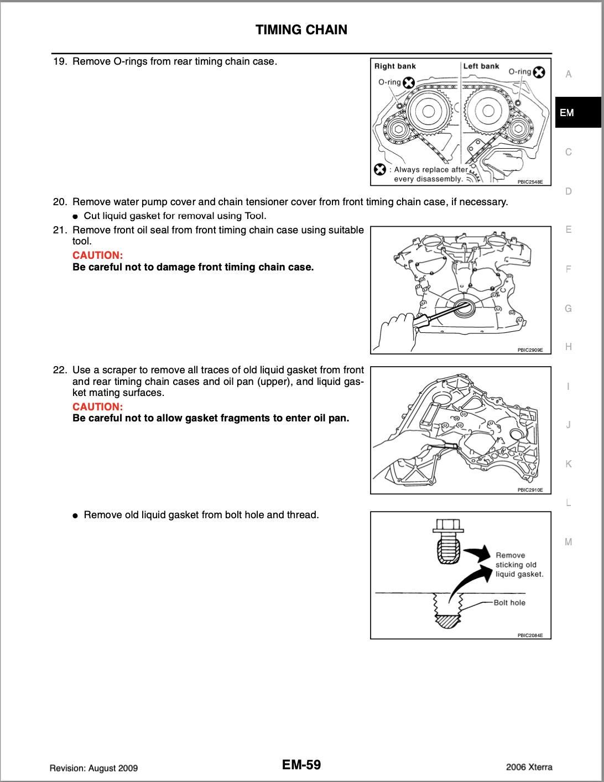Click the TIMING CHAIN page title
coord(301,30)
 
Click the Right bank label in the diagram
coord(395,66)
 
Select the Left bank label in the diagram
coord(481,66)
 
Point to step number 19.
coord(60,61)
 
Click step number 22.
coord(60,370)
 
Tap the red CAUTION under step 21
coord(97,256)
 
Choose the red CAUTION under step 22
coord(97,406)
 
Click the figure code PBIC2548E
coord(530,182)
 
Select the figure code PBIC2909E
coord(530,350)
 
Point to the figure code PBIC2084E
coord(530,635)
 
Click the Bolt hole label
coord(509,603)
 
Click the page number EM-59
coord(301,765)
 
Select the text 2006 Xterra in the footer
coord(529,767)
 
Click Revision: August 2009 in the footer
coord(93,768)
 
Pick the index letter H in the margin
coord(569,347)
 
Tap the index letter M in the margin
coord(569,542)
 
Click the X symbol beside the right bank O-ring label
coord(409,83)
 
